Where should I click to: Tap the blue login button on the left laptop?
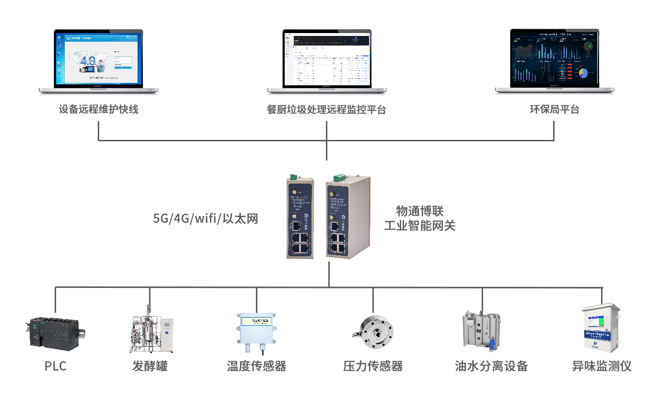click(x=123, y=68)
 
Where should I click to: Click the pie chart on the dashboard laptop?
click(x=583, y=73)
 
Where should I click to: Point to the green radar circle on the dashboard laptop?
click(x=588, y=46)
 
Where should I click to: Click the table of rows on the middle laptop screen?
click(x=331, y=69)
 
